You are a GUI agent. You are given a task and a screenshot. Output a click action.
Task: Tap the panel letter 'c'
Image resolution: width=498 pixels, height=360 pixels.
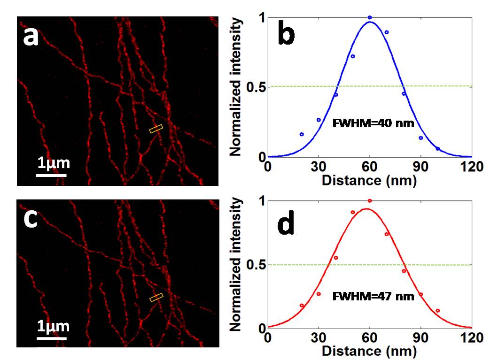click(31, 220)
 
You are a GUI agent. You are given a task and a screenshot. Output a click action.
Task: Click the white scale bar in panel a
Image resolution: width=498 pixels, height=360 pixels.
click(51, 176)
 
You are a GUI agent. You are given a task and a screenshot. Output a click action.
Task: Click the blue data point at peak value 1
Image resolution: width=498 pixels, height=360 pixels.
click(370, 17)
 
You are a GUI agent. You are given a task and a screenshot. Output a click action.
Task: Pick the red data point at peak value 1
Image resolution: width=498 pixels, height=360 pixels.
click(370, 201)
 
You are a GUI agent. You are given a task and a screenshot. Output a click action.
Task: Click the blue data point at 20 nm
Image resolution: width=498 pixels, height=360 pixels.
click(302, 134)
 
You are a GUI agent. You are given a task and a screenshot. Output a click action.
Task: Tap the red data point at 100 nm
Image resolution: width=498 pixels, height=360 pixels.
click(437, 311)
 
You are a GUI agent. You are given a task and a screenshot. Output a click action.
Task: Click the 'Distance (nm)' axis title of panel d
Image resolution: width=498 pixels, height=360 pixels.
click(369, 350)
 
